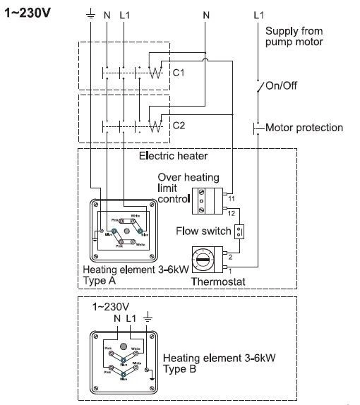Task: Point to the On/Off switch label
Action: tap(281, 85)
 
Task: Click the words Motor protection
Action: tap(304, 128)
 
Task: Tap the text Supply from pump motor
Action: tap(294, 37)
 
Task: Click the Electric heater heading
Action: tap(174, 155)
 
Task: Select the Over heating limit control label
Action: tap(179, 188)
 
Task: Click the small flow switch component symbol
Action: tap(240, 231)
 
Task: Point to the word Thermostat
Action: tap(217, 282)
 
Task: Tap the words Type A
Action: tap(99, 280)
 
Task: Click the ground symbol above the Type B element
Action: tap(147, 318)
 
